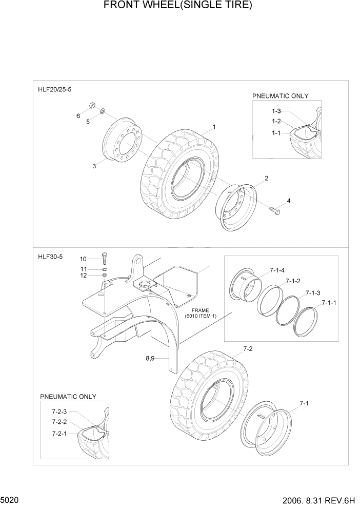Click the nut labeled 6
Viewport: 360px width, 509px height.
pos(92,106)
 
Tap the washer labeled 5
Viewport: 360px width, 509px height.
pos(103,111)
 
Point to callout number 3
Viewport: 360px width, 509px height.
pos(94,166)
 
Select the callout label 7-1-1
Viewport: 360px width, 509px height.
pos(329,303)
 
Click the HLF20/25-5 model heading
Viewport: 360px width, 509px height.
pos(55,89)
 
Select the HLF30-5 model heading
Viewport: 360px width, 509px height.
pos(50,257)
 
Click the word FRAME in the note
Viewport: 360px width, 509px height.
pos(201,310)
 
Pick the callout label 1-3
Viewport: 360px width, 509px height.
pos(276,111)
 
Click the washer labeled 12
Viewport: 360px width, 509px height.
pos(105,276)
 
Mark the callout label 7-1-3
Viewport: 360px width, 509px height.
pos(313,292)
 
